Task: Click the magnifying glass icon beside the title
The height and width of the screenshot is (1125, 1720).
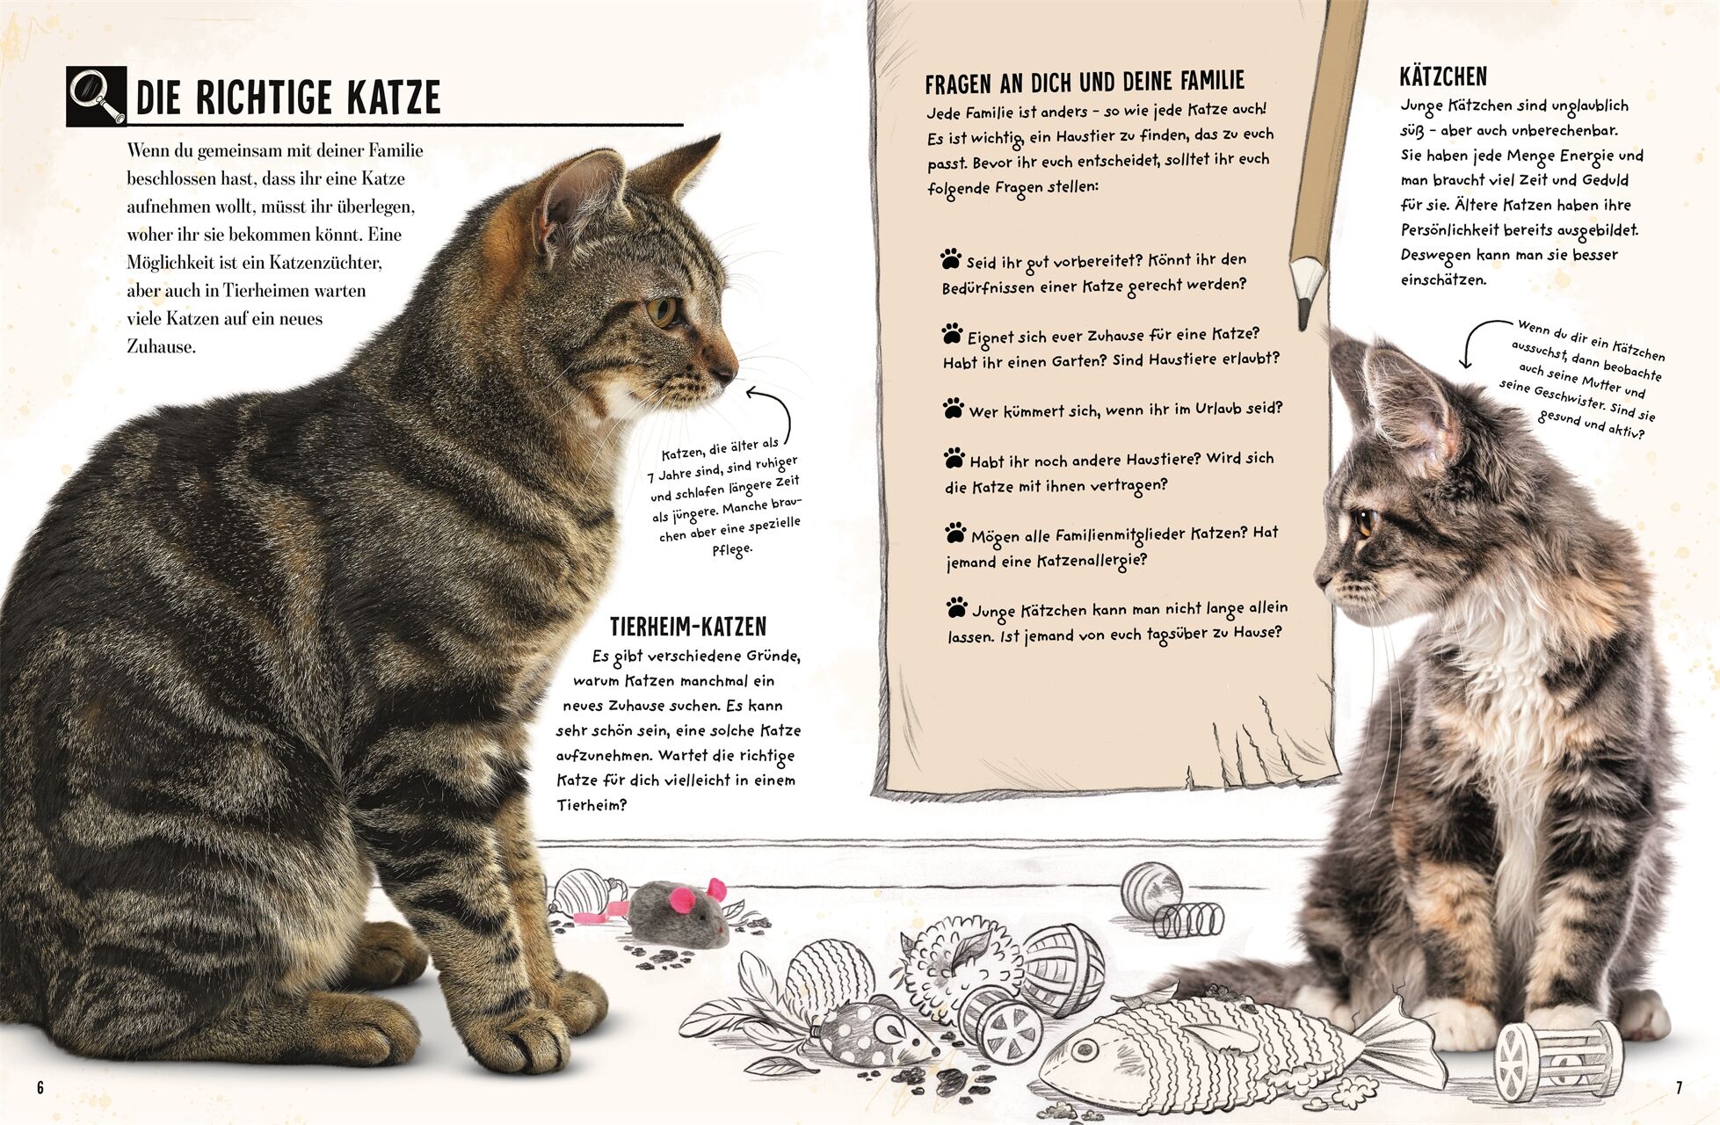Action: click(97, 97)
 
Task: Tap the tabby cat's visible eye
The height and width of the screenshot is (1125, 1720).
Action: click(662, 311)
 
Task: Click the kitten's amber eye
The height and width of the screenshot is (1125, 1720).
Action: click(1364, 523)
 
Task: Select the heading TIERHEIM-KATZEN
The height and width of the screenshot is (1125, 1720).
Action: click(688, 627)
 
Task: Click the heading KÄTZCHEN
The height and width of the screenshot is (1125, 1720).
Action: click(1443, 76)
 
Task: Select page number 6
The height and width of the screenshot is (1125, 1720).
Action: click(40, 1088)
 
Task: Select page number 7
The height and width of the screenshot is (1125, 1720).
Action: click(1678, 1088)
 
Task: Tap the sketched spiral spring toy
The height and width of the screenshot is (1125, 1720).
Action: click(1188, 919)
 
